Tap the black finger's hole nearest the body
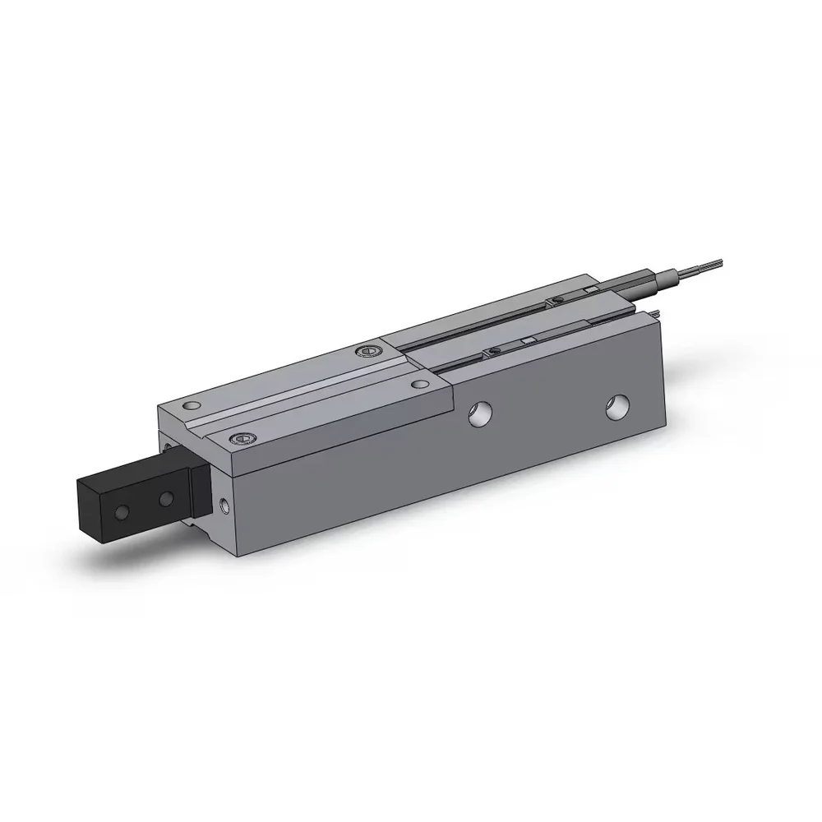[x=166, y=498]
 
